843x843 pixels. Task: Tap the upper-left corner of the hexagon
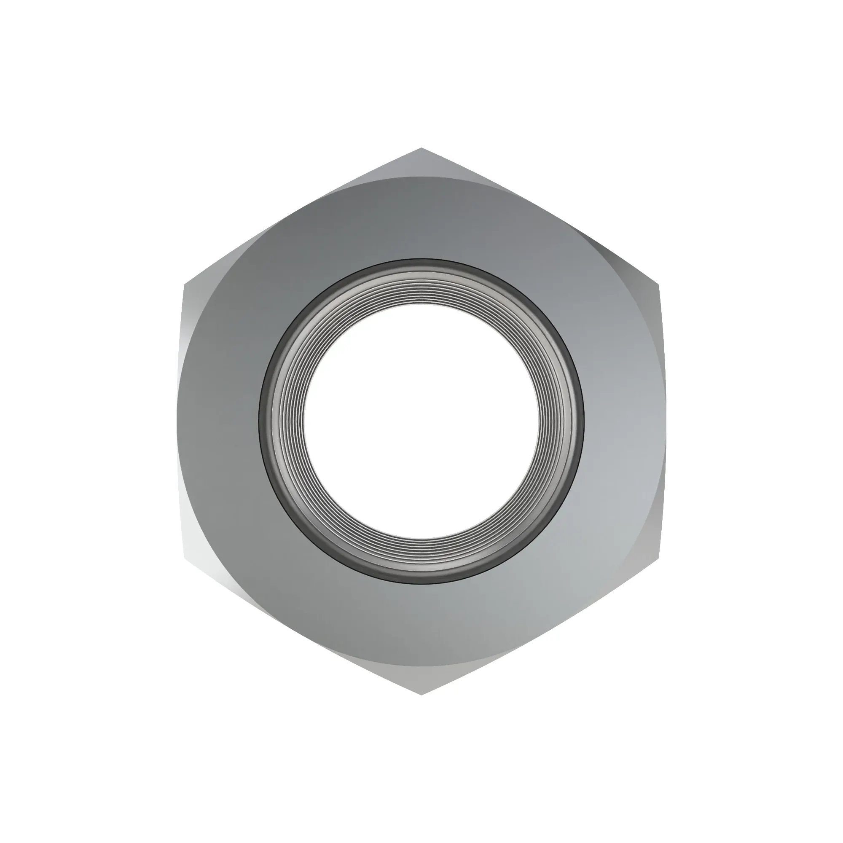click(x=185, y=285)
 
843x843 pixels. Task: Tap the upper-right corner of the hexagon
click(x=657, y=285)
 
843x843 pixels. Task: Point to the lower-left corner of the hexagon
click(x=185, y=558)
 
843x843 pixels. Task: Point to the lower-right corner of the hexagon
click(x=657, y=558)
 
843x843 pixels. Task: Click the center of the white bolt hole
click(x=421, y=421)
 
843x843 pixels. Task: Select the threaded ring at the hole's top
click(x=421, y=288)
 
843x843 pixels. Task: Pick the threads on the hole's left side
click(x=287, y=421)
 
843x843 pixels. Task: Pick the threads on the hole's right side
click(x=555, y=421)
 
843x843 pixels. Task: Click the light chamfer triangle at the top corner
click(x=421, y=164)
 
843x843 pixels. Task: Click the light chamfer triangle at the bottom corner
click(x=421, y=681)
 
